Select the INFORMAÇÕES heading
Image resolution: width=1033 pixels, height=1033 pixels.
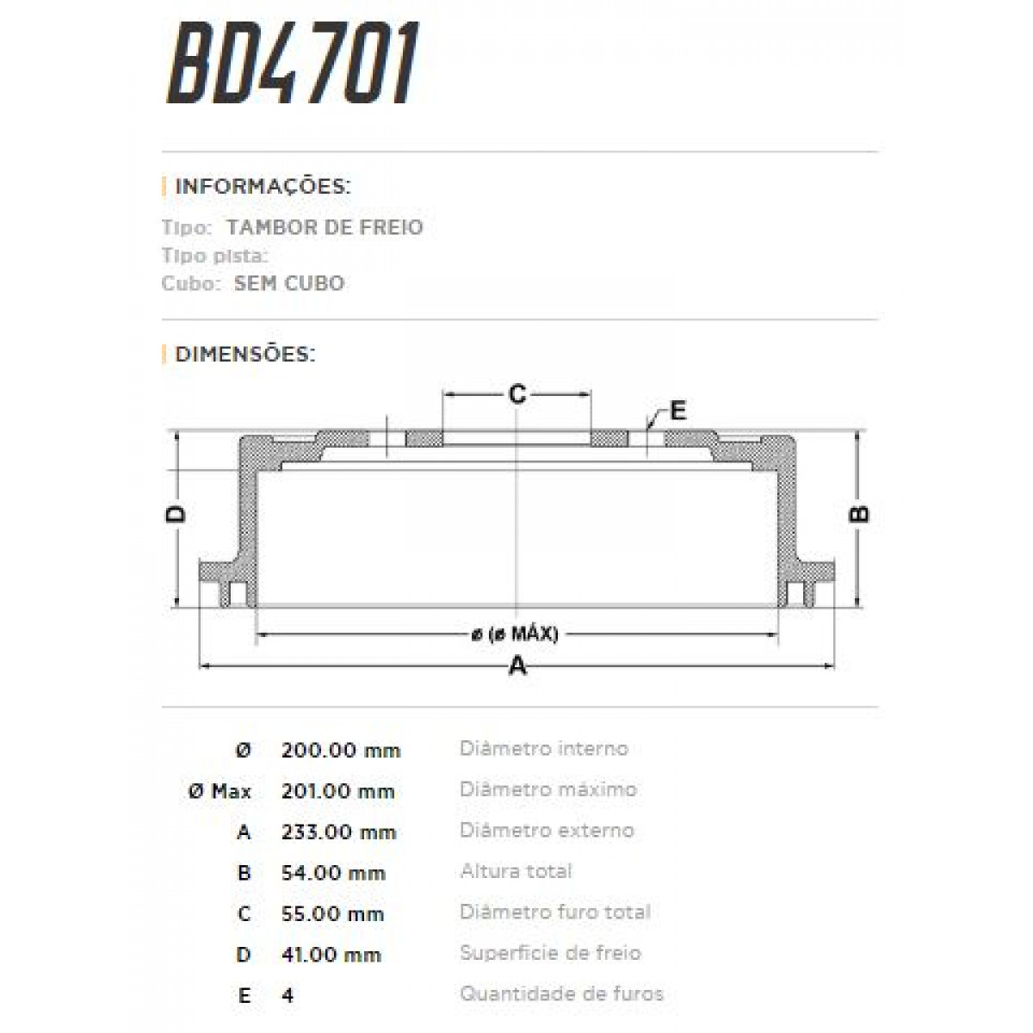click(x=263, y=186)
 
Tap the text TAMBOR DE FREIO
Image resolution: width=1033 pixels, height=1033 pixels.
click(x=325, y=227)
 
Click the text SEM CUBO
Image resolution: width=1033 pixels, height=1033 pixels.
click(x=289, y=283)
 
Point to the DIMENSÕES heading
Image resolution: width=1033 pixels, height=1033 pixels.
click(x=244, y=354)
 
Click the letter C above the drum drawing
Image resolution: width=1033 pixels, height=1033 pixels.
click(x=516, y=394)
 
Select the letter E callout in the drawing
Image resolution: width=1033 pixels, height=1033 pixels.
click(x=677, y=411)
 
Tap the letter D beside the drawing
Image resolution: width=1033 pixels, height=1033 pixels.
click(x=176, y=514)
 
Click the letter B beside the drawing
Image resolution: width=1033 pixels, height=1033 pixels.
click(x=859, y=514)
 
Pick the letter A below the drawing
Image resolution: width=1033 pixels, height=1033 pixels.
click(x=517, y=665)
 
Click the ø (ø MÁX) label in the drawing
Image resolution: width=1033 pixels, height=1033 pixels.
click(x=515, y=634)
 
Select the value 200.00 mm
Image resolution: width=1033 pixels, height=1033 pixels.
click(x=341, y=750)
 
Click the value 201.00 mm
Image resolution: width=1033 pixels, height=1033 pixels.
click(x=337, y=791)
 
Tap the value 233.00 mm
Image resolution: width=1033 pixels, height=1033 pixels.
click(x=338, y=832)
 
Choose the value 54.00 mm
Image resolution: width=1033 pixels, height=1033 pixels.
click(x=332, y=873)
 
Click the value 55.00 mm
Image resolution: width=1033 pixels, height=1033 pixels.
click(x=332, y=914)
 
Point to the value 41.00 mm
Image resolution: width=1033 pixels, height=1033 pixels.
click(x=331, y=955)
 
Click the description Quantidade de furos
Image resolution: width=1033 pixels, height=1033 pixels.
click(x=561, y=994)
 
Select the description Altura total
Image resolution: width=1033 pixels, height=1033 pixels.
click(x=516, y=871)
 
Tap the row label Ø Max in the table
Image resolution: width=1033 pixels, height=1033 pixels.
click(x=220, y=791)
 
